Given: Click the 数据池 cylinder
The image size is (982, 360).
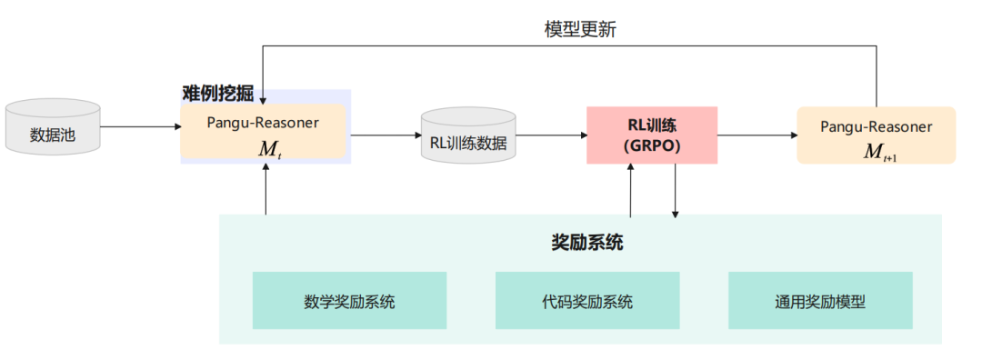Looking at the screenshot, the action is pos(53,127).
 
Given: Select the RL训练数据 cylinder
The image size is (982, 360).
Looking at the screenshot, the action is pos(468,135).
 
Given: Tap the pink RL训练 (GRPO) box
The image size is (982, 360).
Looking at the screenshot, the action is pos(652,135).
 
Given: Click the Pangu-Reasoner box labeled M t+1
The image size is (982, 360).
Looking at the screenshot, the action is pos(877,135).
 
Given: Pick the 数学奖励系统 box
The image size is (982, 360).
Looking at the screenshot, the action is pos(349,301).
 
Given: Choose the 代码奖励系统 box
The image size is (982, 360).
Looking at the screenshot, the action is pos(587,301).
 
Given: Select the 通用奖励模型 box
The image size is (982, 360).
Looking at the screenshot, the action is pos(820,301).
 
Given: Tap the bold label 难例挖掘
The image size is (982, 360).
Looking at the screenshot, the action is pos(218,94).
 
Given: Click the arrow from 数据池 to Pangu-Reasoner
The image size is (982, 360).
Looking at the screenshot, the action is pos(140,127).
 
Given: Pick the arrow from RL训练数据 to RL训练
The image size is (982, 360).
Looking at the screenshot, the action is pos(551,135).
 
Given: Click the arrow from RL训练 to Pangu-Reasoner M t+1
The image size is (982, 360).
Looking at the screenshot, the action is pos(757,135).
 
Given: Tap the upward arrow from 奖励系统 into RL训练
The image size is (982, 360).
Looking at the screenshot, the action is pos(631,191).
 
